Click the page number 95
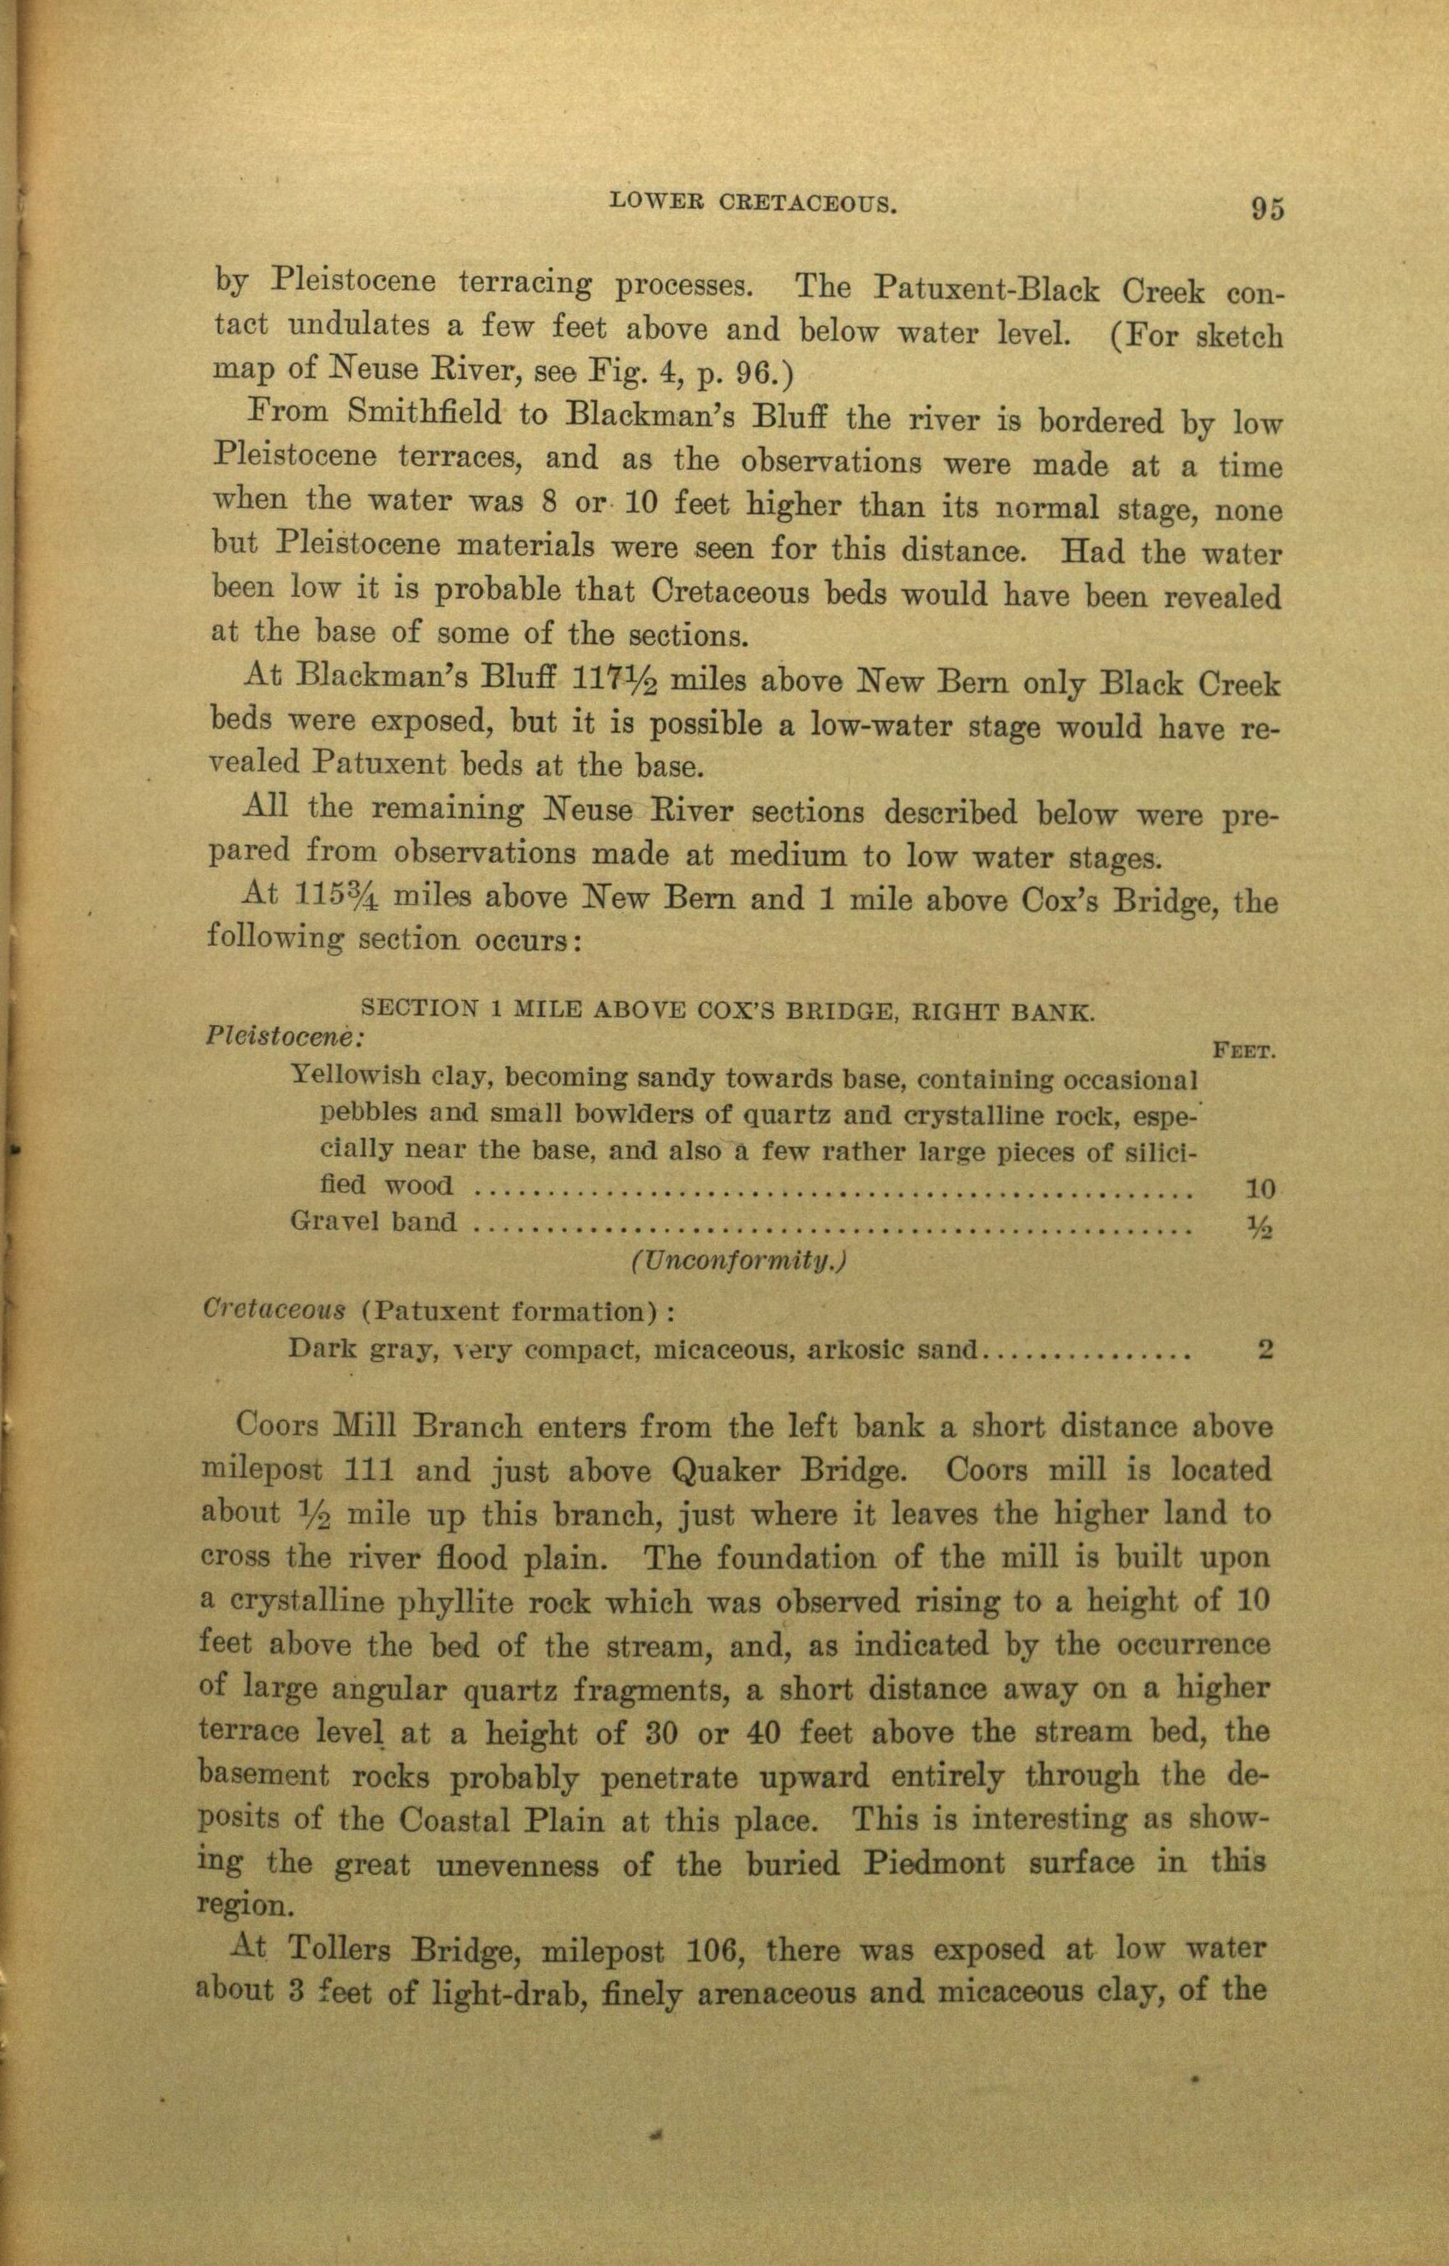[x=1266, y=207]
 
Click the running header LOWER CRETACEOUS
[x=752, y=201]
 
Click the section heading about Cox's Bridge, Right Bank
[x=727, y=1012]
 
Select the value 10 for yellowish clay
[x=1259, y=1189]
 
